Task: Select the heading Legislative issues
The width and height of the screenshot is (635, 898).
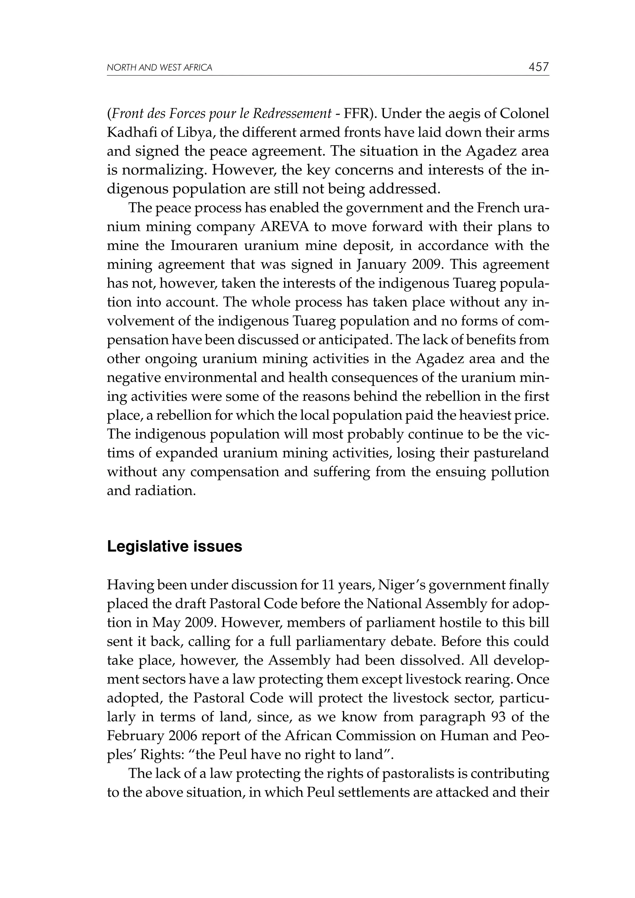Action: (x=175, y=546)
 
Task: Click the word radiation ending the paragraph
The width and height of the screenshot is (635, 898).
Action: (x=164, y=490)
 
